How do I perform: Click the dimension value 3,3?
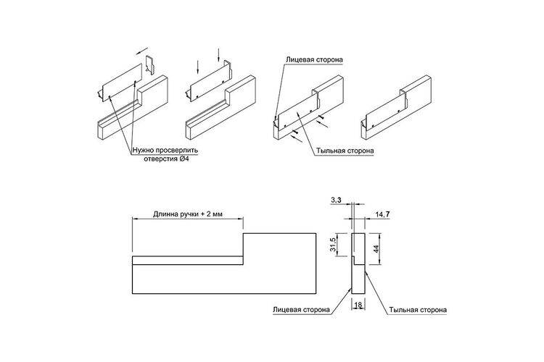336,200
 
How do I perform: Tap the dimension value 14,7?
382,214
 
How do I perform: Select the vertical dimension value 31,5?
333,245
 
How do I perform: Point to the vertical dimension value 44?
376,248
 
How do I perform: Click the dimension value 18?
359,305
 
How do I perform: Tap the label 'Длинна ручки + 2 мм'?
188,214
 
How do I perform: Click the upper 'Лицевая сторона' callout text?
314,59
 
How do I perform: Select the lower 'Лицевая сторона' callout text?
301,309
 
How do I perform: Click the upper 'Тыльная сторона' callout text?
345,151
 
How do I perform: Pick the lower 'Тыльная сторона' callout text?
418,310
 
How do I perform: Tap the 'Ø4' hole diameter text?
184,159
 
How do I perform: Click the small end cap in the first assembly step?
150,64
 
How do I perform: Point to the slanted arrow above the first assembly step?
142,51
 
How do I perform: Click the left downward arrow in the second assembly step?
197,67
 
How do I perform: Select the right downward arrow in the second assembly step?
218,55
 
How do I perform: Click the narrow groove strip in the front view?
187,261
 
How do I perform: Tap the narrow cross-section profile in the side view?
358,264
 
